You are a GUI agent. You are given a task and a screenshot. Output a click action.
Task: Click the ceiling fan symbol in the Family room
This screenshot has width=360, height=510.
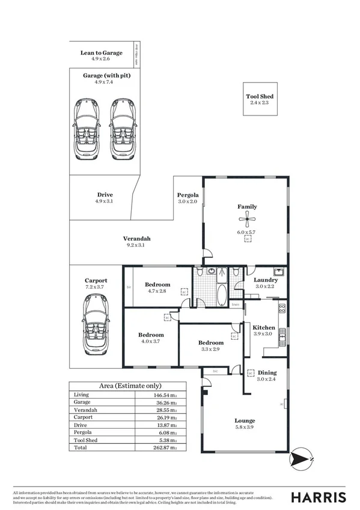(247, 220)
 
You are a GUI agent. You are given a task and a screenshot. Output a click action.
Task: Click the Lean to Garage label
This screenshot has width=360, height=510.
(102, 53)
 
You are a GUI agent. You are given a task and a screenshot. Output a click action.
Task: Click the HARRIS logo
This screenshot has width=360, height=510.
(319, 497)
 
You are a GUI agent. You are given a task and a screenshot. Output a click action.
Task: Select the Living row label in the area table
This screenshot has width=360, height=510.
(80, 395)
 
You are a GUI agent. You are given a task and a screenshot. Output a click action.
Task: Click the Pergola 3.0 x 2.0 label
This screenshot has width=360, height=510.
(188, 195)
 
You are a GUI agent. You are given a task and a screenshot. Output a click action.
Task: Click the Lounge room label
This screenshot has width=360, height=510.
(245, 420)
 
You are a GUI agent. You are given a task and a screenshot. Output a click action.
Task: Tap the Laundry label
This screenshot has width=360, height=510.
(265, 280)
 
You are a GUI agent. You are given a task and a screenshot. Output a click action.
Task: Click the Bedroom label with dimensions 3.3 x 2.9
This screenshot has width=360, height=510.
(211, 343)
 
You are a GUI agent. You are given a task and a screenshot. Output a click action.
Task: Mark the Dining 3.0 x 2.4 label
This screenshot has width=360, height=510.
(268, 373)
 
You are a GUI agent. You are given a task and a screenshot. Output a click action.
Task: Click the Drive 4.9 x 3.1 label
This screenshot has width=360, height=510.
(105, 195)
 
